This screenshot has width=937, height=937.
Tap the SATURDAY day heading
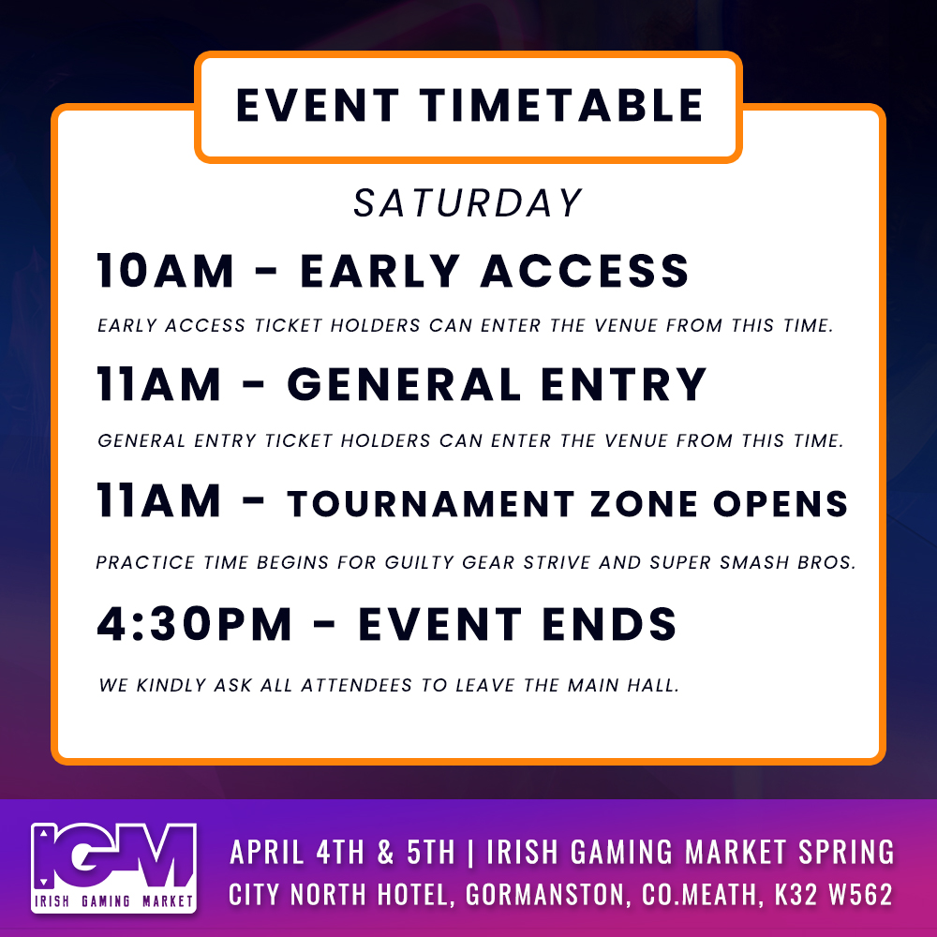coord(468,204)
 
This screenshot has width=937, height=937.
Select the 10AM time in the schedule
coord(166,272)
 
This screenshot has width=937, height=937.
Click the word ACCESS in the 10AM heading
coord(586,272)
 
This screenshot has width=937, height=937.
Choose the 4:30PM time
coord(195,625)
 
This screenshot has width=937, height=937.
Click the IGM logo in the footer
coord(113,867)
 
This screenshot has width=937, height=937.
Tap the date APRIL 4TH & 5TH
coord(343,853)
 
